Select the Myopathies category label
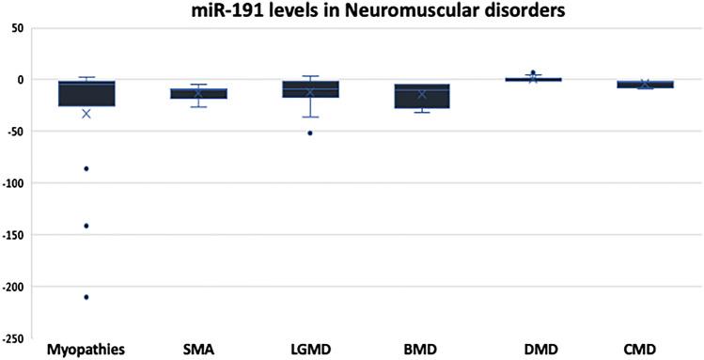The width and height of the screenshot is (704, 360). point(86,350)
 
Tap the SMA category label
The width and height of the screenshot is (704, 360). point(198,350)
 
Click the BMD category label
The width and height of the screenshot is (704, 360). point(421,350)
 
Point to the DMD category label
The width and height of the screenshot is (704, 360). point(533,350)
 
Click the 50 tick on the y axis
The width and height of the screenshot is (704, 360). point(17,28)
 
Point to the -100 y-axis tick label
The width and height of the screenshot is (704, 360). point(14,183)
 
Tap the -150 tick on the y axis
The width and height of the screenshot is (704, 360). point(14,235)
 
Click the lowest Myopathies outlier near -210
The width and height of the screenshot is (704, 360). point(86,297)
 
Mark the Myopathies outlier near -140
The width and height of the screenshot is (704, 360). point(86,226)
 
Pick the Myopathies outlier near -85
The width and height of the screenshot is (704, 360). point(86,168)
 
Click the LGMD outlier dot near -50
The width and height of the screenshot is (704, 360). point(310,133)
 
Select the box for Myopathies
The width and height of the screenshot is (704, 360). point(86,94)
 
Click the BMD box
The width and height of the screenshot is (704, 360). point(422,96)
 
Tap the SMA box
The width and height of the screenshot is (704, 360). point(198,93)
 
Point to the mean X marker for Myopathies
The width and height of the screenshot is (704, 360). point(86,114)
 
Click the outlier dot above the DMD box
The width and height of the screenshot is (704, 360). point(533,72)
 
